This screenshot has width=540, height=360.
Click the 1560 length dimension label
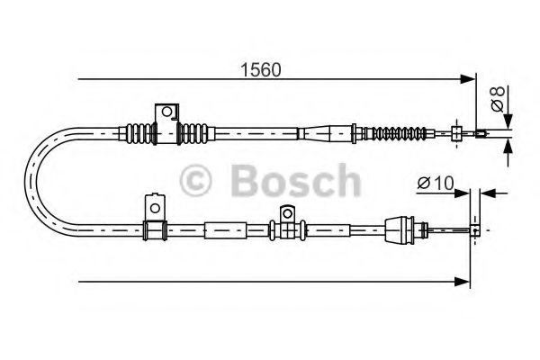point(261,70)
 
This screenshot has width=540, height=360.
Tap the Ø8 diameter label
point(498,99)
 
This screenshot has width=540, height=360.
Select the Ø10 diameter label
point(436,183)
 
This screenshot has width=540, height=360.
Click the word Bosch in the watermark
point(296,181)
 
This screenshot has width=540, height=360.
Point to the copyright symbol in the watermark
point(195,180)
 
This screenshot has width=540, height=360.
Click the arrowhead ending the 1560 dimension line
point(468,79)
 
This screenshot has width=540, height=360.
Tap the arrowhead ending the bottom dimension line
point(463,282)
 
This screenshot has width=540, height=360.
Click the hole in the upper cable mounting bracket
point(166,112)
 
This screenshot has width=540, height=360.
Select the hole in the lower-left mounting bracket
point(156,208)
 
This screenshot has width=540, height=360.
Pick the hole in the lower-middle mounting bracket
point(286,214)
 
